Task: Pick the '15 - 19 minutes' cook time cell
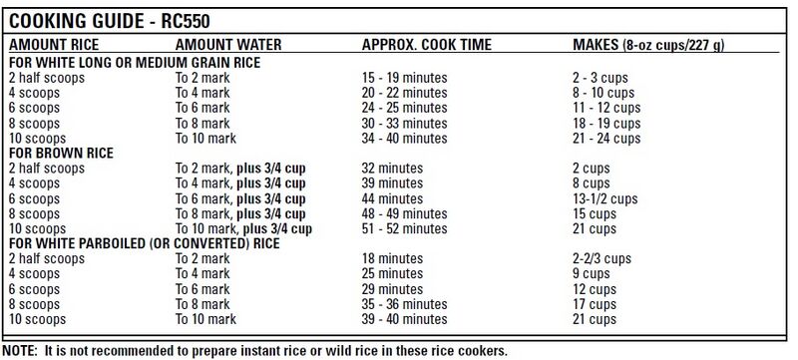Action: (x=405, y=76)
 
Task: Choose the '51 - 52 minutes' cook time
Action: (x=405, y=228)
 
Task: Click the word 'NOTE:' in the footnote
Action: (x=21, y=351)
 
